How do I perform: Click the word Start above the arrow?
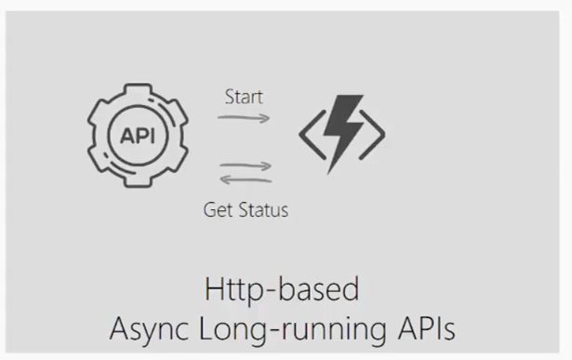(244, 97)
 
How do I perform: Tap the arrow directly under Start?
(244, 118)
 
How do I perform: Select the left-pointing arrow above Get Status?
(246, 180)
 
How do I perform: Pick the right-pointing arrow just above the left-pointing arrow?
(246, 167)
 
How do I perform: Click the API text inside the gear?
(139, 135)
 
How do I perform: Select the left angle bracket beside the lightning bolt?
(309, 136)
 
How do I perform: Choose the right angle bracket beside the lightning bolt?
(375, 136)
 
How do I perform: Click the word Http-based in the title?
(280, 289)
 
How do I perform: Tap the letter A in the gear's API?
(126, 135)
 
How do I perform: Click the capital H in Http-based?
(212, 288)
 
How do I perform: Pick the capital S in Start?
(229, 97)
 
